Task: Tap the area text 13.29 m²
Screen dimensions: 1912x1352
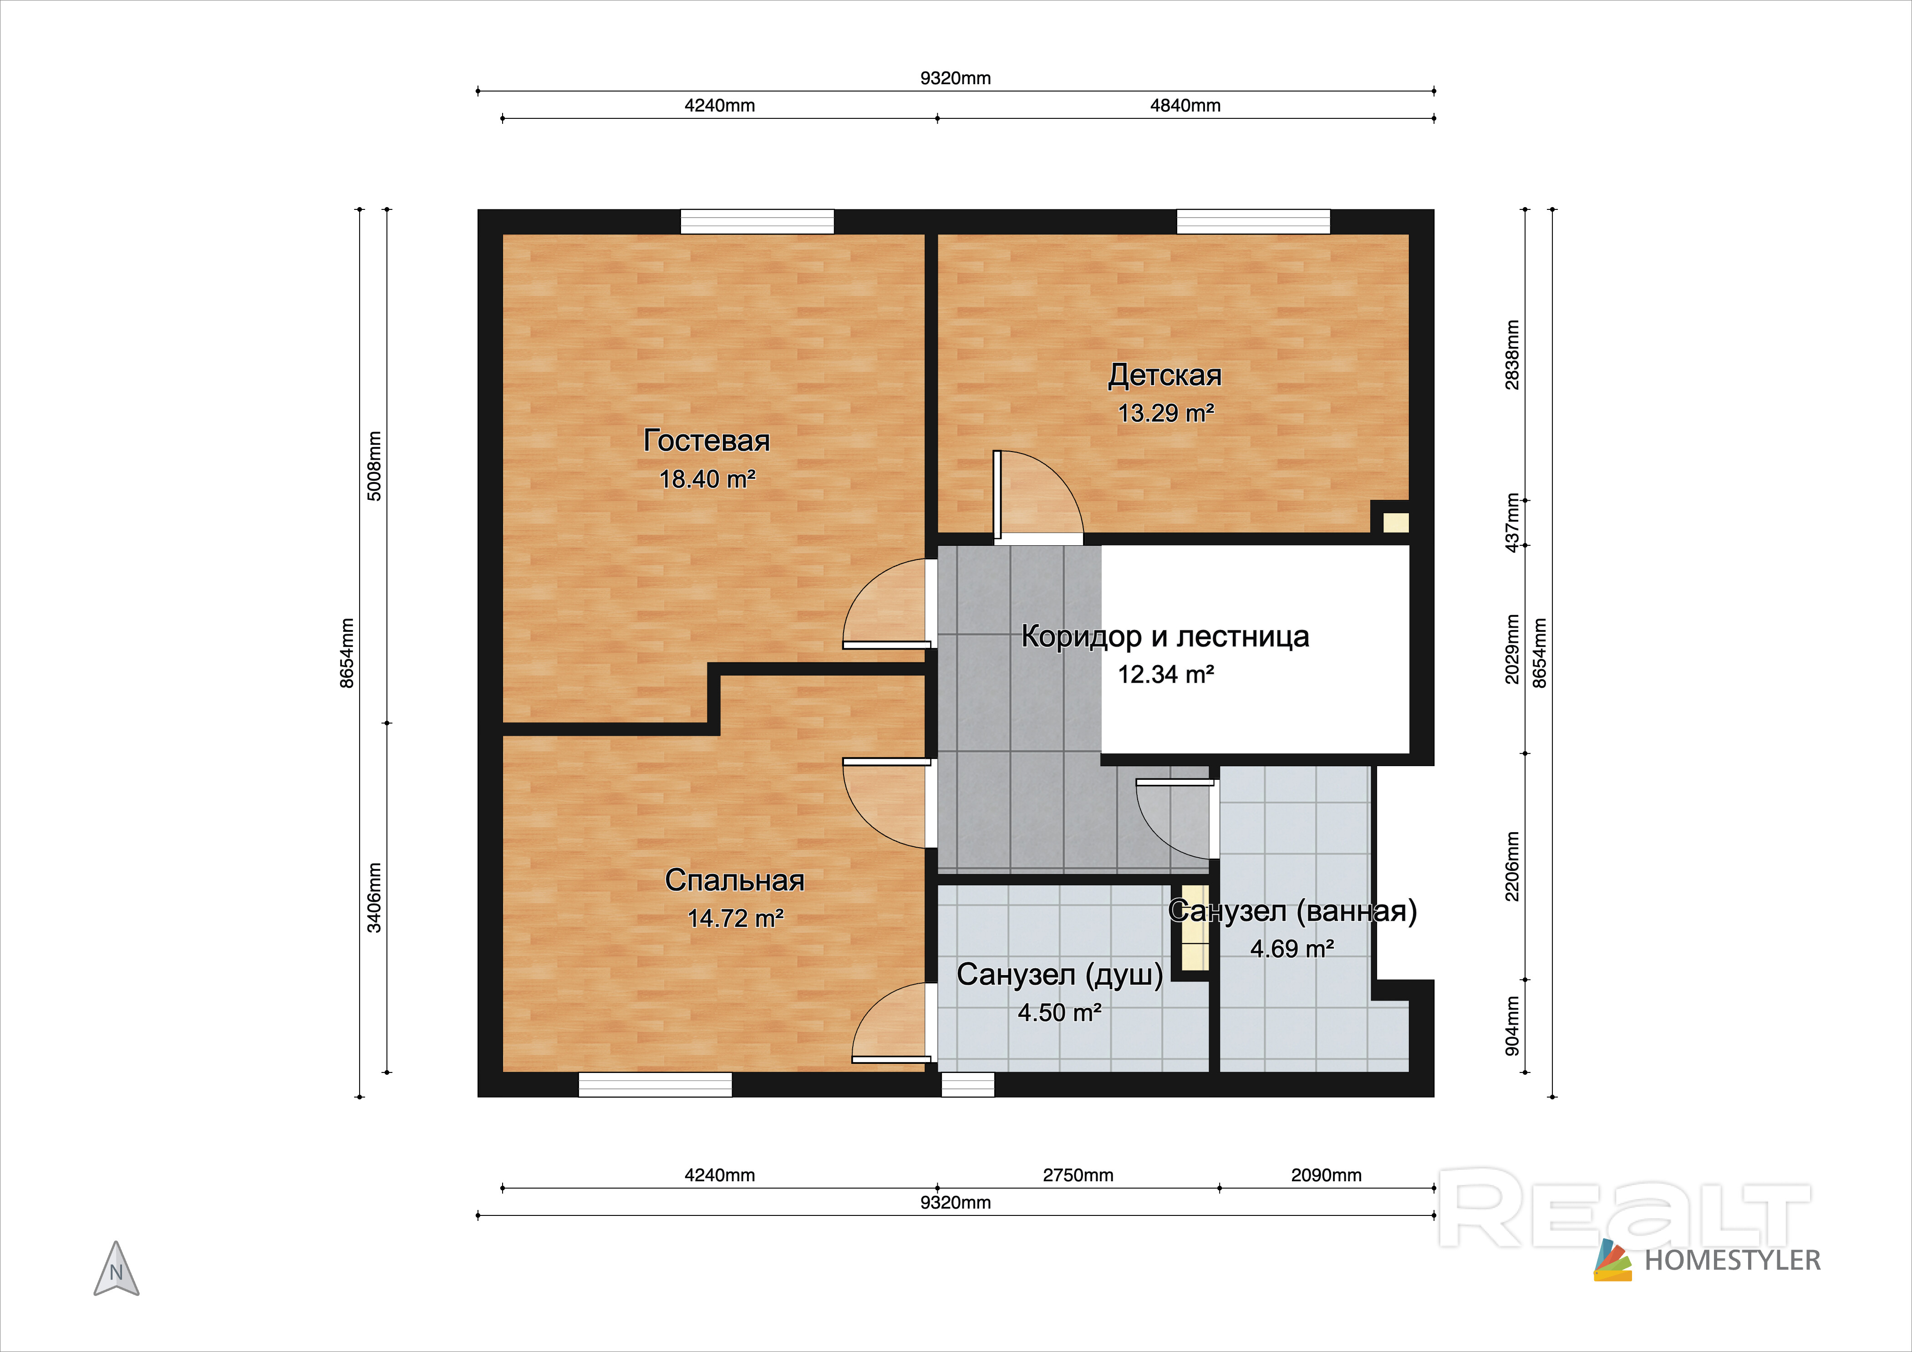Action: (x=1166, y=413)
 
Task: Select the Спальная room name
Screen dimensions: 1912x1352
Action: (x=734, y=880)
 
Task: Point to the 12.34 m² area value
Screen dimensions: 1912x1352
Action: (x=1166, y=674)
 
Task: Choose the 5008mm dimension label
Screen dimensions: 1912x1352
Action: (x=375, y=466)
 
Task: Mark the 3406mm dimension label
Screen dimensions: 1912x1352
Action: (x=375, y=897)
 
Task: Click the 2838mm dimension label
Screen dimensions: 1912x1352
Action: (x=1512, y=355)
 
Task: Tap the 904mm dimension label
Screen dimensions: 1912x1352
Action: (x=1512, y=1026)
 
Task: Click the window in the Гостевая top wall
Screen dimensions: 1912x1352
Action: (x=757, y=221)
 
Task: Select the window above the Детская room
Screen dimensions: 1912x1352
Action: (x=1253, y=221)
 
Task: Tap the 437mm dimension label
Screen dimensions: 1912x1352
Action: (x=1512, y=523)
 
